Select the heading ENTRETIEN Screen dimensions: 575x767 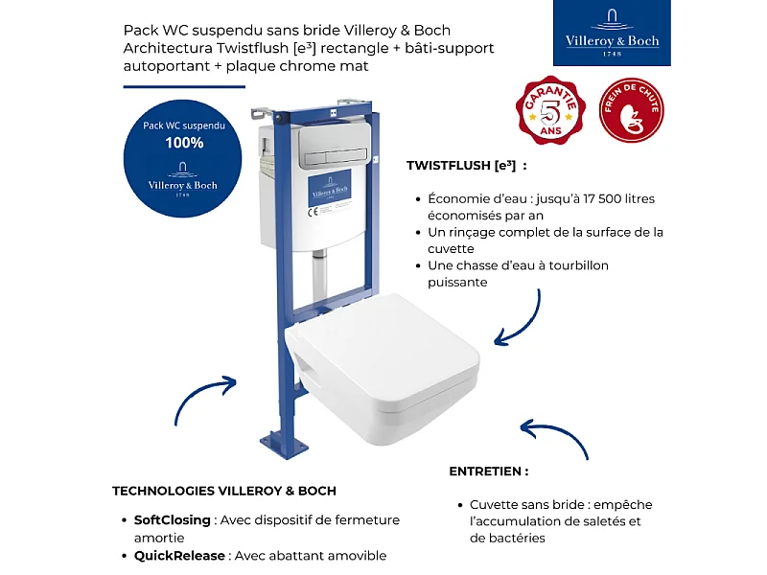tap(489, 471)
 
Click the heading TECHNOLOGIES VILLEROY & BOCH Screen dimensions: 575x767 tap(224, 491)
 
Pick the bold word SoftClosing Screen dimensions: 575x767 tap(173, 520)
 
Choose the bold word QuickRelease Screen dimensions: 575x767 tap(179, 556)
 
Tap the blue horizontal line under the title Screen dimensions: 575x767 tap(177, 86)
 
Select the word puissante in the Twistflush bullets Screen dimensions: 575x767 tap(458, 283)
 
